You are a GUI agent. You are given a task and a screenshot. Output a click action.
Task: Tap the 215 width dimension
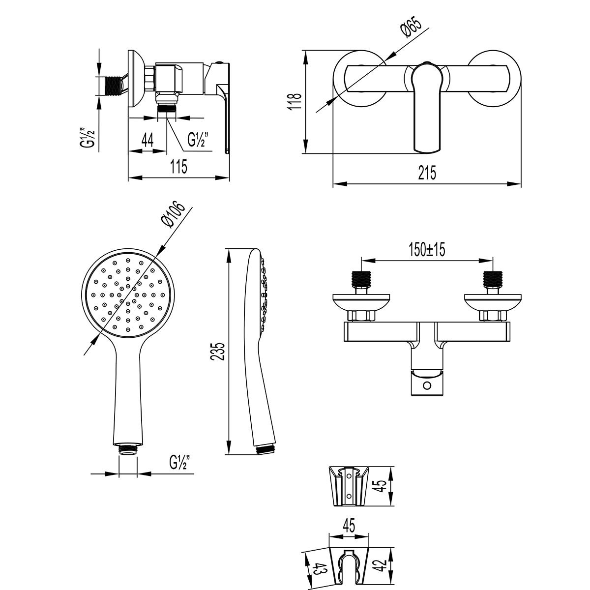pyautogui.click(x=427, y=174)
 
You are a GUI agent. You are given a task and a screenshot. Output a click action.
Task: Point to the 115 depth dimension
pyautogui.click(x=179, y=167)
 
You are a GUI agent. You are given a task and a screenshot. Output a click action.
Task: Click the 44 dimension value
pyautogui.click(x=147, y=140)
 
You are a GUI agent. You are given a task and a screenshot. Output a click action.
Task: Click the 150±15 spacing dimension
pyautogui.click(x=426, y=250)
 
